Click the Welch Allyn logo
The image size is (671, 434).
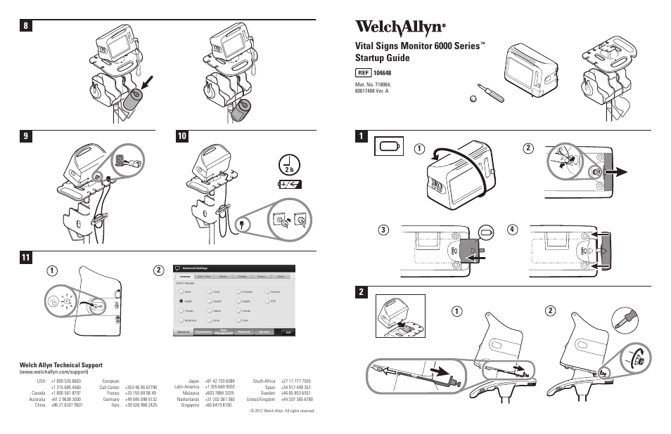pyautogui.click(x=400, y=28)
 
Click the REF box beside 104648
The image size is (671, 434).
pyautogui.click(x=364, y=73)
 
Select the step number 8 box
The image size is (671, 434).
pyautogui.click(x=27, y=26)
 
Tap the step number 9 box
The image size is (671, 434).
pyautogui.click(x=27, y=137)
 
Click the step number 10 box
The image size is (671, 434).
pyautogui.click(x=183, y=137)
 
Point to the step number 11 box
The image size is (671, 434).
pyautogui.click(x=27, y=258)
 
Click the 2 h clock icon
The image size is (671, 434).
pyautogui.click(x=288, y=164)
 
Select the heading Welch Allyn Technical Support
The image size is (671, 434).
pyautogui.click(x=60, y=365)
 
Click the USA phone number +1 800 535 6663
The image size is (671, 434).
pyautogui.click(x=65, y=381)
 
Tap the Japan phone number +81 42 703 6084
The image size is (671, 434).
pyautogui.click(x=219, y=381)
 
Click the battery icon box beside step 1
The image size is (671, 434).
pyautogui.click(x=389, y=146)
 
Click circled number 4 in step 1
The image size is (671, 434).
pyautogui.click(x=513, y=230)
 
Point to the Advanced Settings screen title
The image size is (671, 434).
pyautogui.click(x=196, y=268)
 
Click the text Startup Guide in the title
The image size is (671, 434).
pyautogui.click(x=384, y=58)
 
